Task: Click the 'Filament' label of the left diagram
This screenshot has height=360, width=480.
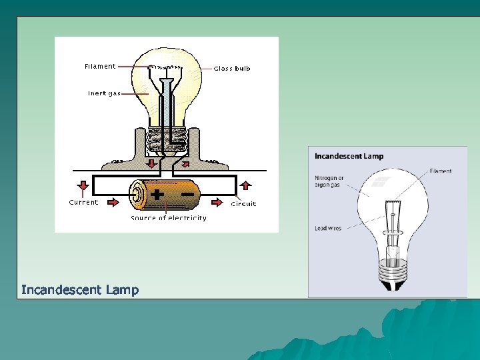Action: tap(100, 66)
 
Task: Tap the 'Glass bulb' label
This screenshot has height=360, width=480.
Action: tap(232, 68)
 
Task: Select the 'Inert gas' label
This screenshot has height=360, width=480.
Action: tap(104, 93)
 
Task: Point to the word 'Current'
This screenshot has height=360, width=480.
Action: tap(83, 202)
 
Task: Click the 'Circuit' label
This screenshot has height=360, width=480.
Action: tap(243, 204)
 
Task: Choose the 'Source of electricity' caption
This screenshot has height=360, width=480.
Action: tap(169, 218)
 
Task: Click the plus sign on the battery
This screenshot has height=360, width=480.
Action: tap(158, 195)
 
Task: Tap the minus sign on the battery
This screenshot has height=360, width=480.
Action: tap(187, 194)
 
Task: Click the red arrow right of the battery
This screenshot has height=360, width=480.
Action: tap(217, 199)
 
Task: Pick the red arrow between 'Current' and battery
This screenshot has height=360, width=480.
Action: tap(114, 199)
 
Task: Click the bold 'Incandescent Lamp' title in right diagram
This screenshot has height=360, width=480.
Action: tap(349, 157)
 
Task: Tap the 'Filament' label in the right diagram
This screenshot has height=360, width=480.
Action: tap(440, 171)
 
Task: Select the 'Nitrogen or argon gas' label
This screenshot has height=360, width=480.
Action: tap(329, 181)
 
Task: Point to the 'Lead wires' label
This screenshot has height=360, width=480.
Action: tap(328, 229)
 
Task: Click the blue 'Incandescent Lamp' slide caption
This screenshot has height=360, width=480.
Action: tap(80, 289)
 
